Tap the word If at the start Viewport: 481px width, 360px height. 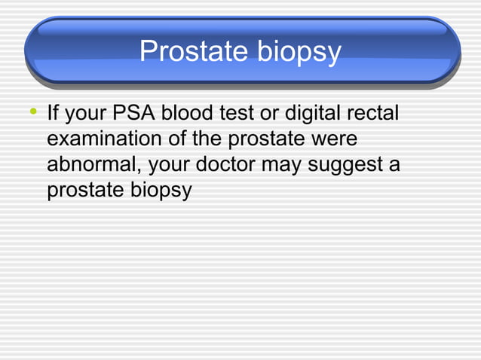tap(54, 116)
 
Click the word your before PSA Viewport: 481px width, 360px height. tap(88, 117)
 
